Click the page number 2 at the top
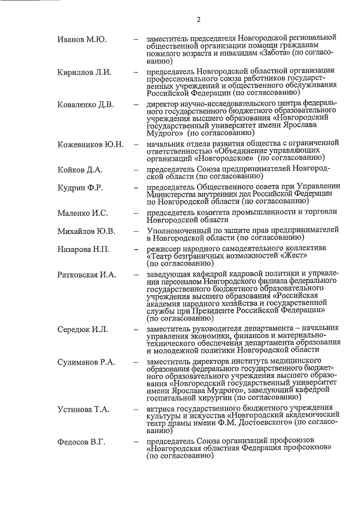(199, 19)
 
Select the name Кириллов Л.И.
(85, 73)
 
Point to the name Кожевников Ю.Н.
(91, 145)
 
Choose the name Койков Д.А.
(81, 170)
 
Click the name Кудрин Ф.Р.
(80, 187)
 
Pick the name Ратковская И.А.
(87, 274)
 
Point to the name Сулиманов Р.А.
(86, 361)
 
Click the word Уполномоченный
(178, 230)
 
